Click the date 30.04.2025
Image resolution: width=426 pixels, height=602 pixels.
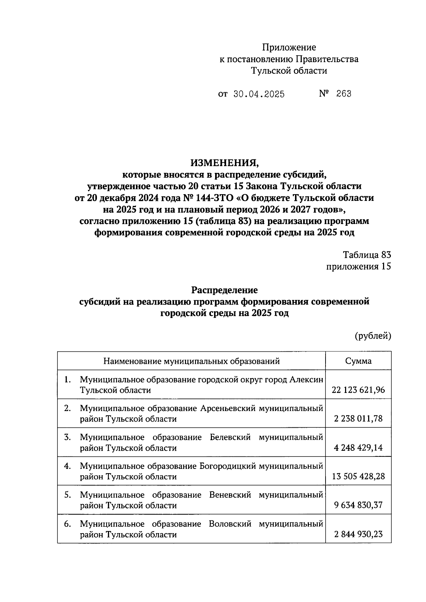click(x=259, y=94)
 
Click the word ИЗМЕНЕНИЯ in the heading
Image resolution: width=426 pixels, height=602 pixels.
click(x=225, y=163)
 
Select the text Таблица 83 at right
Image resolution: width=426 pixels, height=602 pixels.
click(x=367, y=255)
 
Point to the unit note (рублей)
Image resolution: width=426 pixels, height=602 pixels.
click(x=373, y=336)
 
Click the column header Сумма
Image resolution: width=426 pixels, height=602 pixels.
click(x=358, y=361)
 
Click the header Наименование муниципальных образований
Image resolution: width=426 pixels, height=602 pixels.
click(x=191, y=361)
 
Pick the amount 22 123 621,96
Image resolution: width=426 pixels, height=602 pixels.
click(x=358, y=390)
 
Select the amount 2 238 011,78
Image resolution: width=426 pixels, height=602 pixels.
click(x=358, y=419)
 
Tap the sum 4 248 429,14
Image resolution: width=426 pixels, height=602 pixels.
click(x=358, y=448)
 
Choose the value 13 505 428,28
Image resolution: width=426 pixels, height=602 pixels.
click(x=358, y=477)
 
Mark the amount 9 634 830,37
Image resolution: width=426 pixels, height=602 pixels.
click(x=358, y=505)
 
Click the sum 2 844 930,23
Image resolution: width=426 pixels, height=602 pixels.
click(x=358, y=534)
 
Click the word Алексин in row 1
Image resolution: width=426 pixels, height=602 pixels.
click(x=306, y=380)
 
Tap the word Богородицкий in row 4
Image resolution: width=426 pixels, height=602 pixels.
click(x=228, y=466)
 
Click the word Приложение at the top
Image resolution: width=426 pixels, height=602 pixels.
click(x=289, y=47)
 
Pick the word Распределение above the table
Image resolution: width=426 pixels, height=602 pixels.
click(x=224, y=290)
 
